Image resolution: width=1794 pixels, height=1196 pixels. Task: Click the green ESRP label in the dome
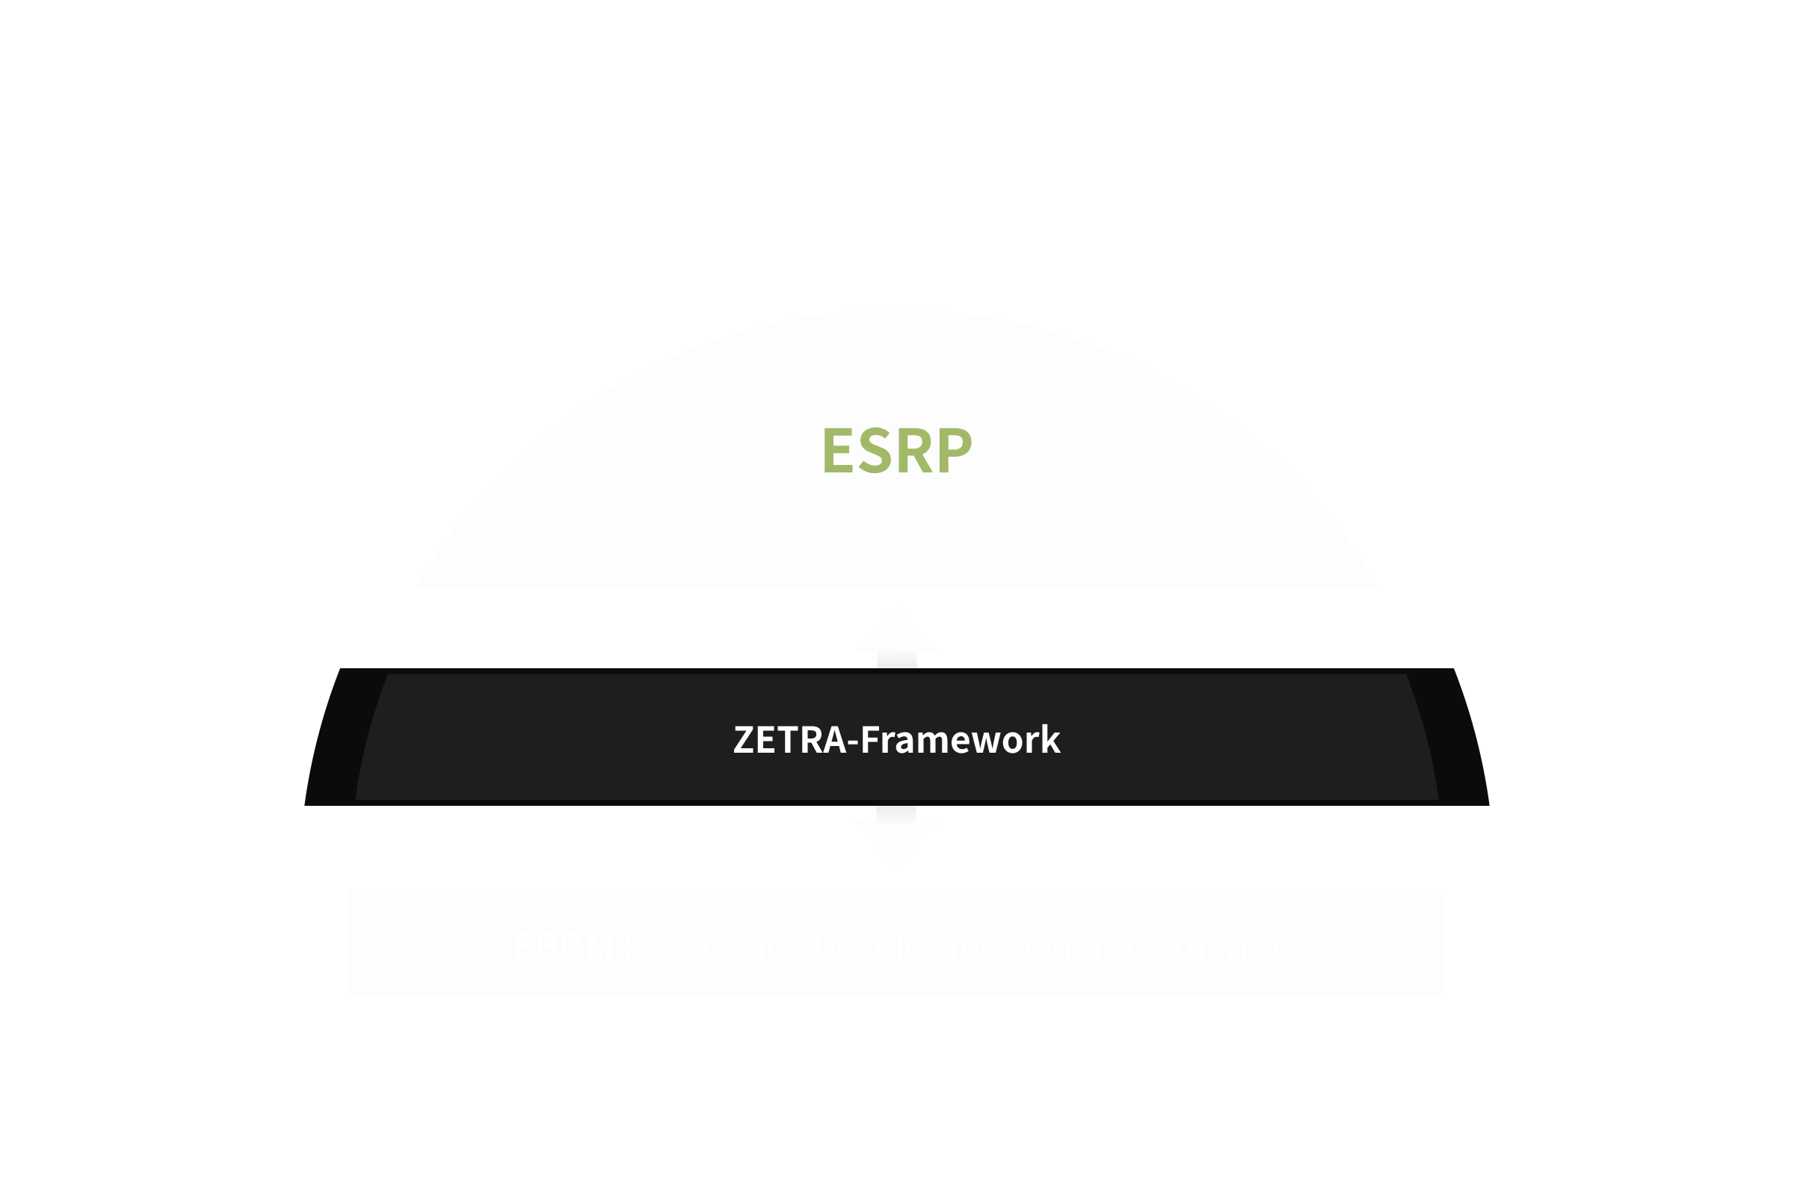click(x=897, y=451)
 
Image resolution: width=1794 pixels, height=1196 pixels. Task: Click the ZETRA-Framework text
click(x=897, y=740)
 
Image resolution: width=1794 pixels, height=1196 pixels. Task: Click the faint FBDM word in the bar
click(x=564, y=946)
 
